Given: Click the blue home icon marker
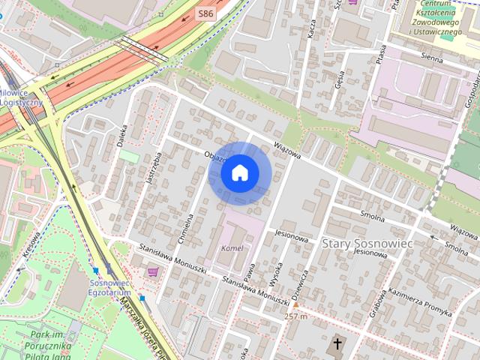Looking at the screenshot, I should pyautogui.click(x=240, y=173).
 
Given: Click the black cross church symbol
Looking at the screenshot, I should pyautogui.click(x=338, y=345).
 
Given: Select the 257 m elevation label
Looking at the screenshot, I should pyautogui.click(x=296, y=316).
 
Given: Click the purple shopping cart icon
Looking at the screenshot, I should pyautogui.click(x=153, y=271).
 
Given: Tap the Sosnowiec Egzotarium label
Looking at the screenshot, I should pyautogui.click(x=110, y=287).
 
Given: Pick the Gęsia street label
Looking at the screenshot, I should pyautogui.click(x=340, y=79).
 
